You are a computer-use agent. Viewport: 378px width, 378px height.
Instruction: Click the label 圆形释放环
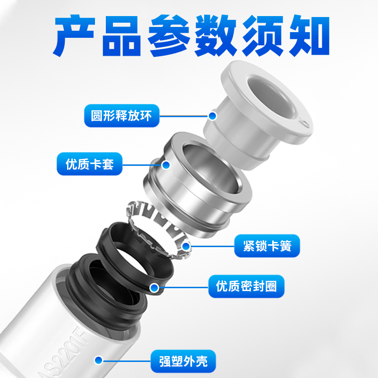pos(121,115)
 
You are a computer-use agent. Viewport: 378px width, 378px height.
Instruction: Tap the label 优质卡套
pos(89,165)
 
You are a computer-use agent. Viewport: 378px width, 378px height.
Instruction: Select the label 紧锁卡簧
pos(267,246)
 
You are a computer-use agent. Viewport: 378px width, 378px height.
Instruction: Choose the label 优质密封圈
pos(246,286)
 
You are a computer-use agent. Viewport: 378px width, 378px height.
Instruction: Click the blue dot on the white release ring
pos(213,115)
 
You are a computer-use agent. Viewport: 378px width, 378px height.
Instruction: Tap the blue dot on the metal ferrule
pos(166,165)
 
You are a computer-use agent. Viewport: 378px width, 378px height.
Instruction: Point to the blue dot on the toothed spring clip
pos(186,246)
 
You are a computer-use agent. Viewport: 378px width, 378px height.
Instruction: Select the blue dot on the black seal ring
pos(154,286)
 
